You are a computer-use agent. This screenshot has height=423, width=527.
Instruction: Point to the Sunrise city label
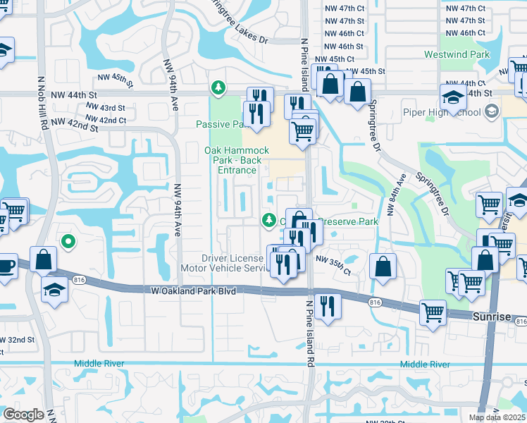coord(491,317)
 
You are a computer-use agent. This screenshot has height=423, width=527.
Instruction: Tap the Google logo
coord(23,415)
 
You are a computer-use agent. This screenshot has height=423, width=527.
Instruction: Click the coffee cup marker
coord(6,266)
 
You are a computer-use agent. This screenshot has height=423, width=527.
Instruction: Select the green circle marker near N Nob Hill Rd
coord(68,242)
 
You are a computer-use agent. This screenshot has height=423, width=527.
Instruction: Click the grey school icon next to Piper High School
coord(491,111)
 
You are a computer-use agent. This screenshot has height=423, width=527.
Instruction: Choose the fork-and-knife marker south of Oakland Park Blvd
coord(327,305)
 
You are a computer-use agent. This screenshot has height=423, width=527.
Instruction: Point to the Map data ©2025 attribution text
coord(496,417)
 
